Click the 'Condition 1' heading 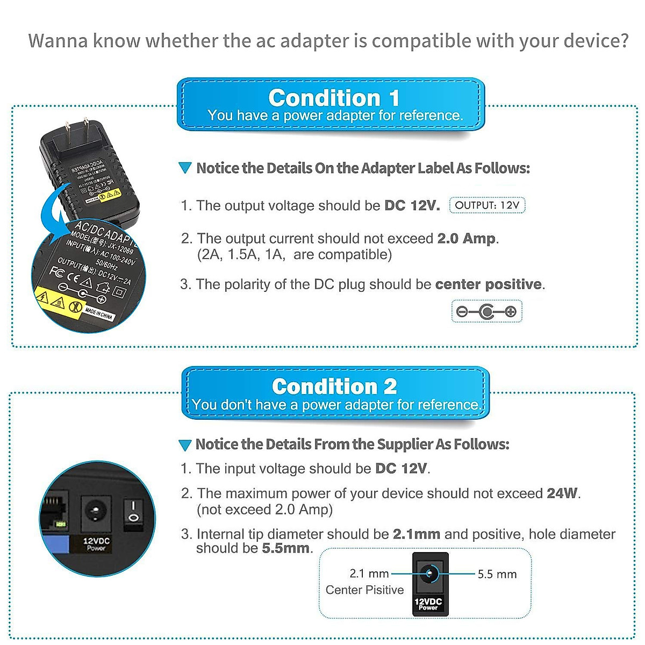coord(333,98)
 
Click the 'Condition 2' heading coord(334,386)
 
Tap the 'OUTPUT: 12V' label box coord(487,205)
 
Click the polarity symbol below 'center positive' coord(486,311)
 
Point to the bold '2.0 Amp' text coord(467,239)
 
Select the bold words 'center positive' coord(488,284)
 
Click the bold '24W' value coord(562,493)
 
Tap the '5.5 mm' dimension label coord(497,574)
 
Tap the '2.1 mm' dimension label coord(369,574)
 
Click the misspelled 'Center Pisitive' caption coord(364,590)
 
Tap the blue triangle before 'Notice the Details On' coord(185,168)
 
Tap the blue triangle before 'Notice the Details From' coord(185,445)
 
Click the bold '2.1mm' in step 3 coord(416,534)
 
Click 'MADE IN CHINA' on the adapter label coord(99,313)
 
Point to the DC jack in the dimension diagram coord(429,574)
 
